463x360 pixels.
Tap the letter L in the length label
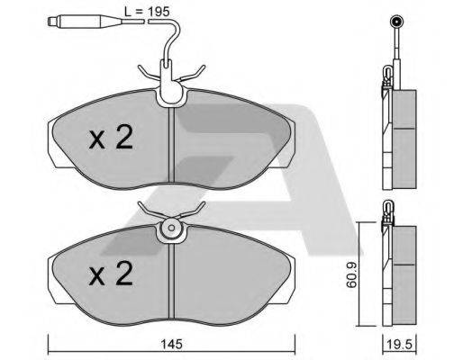pyautogui.click(x=125, y=12)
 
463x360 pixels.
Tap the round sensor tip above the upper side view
pyautogui.click(x=395, y=22)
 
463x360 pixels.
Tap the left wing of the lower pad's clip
pyautogui.click(x=144, y=212)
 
